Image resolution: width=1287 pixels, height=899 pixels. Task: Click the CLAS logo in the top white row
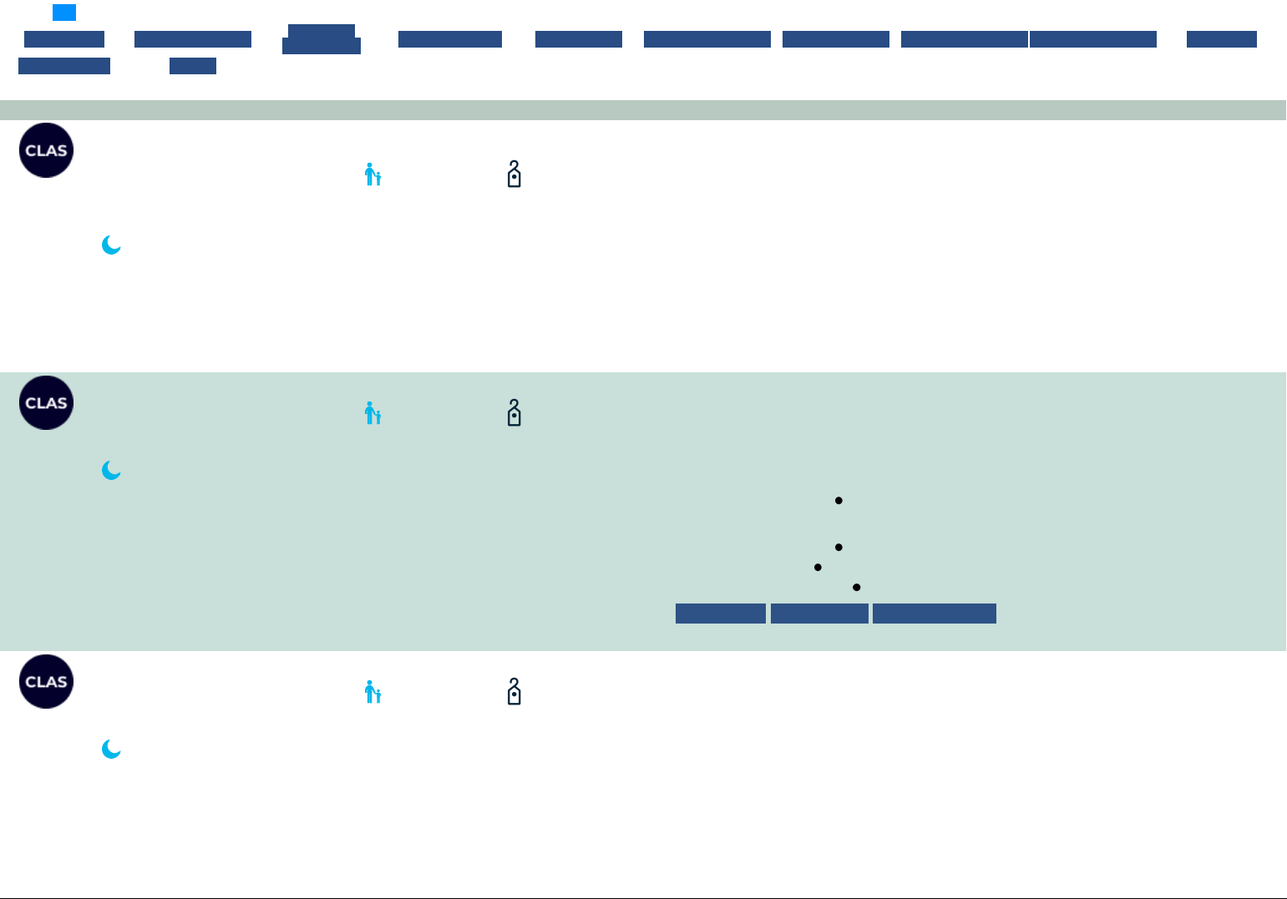[x=47, y=150]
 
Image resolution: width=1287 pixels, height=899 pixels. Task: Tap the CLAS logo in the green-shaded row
[x=47, y=402]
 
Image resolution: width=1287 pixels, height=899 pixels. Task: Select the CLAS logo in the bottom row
[x=47, y=681]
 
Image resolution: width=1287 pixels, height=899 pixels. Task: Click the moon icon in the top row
[x=111, y=245]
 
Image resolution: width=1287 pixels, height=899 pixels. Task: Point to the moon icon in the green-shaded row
[x=111, y=470]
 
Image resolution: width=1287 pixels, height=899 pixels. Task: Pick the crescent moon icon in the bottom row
[x=111, y=749]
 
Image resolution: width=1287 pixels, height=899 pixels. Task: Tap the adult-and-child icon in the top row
[x=372, y=174]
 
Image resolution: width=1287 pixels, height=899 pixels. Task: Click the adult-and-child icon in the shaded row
[x=372, y=413]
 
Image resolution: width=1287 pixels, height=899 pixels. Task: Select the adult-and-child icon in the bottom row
[x=372, y=692]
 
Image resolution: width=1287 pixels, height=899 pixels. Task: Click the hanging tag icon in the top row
[x=514, y=174]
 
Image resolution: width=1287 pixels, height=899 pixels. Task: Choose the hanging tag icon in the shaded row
[x=514, y=412]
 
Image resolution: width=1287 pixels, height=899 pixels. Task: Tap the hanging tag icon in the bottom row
[x=514, y=691]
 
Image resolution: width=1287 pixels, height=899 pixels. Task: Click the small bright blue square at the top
[x=64, y=13]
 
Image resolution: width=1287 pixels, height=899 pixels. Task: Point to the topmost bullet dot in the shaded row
[x=839, y=501]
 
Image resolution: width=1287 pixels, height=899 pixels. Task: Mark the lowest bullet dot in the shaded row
[x=857, y=588]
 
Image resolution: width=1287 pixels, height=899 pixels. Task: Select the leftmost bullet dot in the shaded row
[x=818, y=568]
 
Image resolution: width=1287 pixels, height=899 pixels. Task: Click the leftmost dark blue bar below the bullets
[x=720, y=614]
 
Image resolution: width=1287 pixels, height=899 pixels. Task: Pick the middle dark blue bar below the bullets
[x=819, y=614]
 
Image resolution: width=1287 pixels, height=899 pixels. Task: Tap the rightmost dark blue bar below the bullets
[x=934, y=614]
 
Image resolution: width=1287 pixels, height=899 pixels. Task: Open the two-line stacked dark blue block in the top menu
[x=322, y=39]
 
